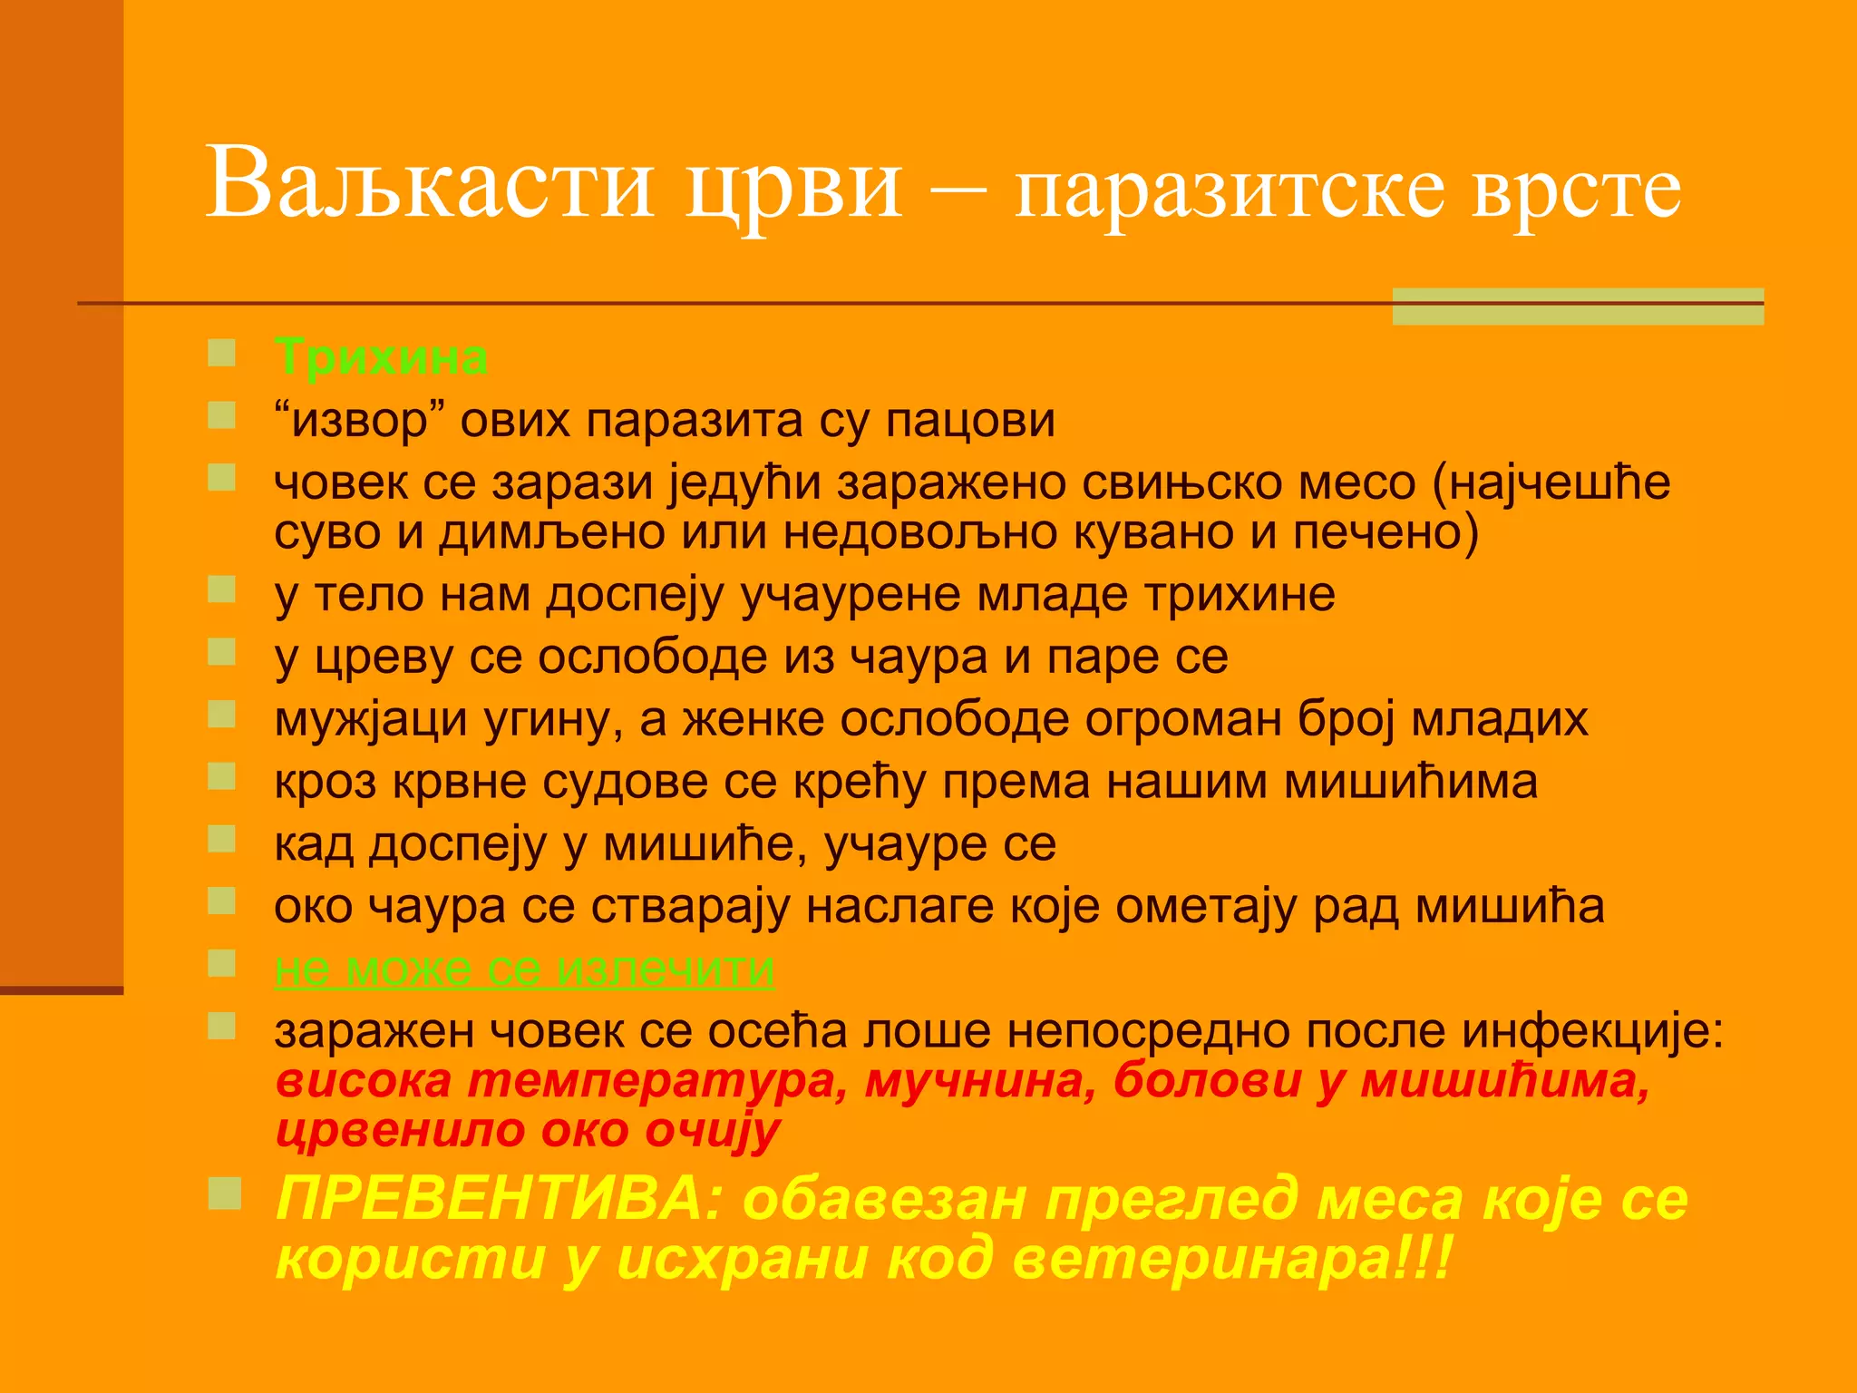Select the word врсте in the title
click(1576, 192)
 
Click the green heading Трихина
click(381, 357)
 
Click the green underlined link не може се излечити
click(524, 969)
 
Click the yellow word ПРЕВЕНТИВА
click(501, 1199)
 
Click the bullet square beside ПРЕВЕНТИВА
click(224, 1193)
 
